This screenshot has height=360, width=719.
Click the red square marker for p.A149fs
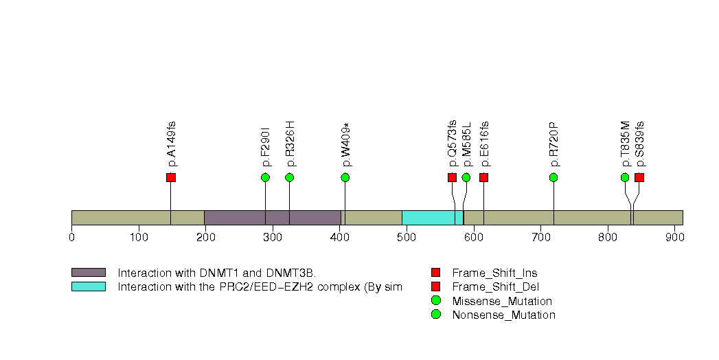point(171,178)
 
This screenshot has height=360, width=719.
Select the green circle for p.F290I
point(266,178)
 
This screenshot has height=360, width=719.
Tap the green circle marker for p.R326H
point(289,178)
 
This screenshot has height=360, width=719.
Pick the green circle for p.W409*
point(345,178)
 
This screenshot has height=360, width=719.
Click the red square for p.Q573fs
point(452,178)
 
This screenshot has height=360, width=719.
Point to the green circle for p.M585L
point(466,178)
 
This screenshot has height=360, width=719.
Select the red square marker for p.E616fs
point(483,178)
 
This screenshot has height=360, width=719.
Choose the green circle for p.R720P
point(553,178)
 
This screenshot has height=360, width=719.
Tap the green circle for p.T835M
point(625,178)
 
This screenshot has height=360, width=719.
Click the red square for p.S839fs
point(639,178)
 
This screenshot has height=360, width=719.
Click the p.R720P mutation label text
point(553,144)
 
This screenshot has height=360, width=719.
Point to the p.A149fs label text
point(172,144)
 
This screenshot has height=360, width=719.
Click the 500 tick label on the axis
point(407,238)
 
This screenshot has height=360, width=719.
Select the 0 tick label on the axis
point(71,238)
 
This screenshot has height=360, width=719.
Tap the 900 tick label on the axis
point(675,238)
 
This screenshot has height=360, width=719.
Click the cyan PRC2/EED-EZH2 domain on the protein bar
point(433,218)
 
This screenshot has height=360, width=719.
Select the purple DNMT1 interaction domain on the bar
point(273,218)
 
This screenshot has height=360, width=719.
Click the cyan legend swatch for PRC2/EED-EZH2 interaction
point(88,286)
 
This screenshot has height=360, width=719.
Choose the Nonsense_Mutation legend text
point(503,315)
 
